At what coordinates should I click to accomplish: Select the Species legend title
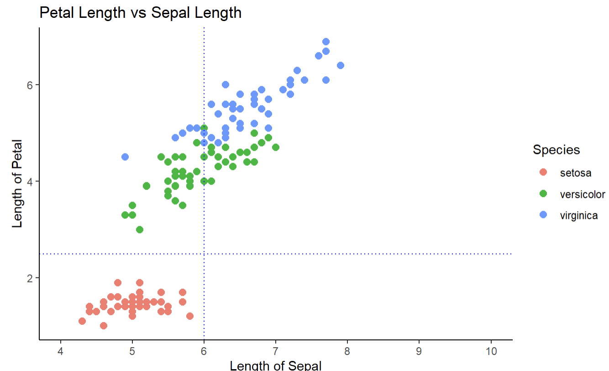pos(556,150)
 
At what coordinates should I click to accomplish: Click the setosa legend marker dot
pos(543,172)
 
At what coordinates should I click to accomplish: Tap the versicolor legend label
pos(582,194)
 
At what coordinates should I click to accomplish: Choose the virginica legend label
pos(578,216)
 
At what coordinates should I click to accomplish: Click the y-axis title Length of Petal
pos(17,183)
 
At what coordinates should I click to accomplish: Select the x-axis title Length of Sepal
pos(275,366)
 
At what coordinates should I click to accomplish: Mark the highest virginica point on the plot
pos(326,42)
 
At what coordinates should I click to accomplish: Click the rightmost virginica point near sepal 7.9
pos(340,65)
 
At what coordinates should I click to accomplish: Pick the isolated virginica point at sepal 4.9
pos(125,157)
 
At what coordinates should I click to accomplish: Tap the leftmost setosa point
pos(82,321)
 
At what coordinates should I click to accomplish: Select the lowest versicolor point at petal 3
pos(140,229)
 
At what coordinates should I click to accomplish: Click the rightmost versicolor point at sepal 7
pos(275,147)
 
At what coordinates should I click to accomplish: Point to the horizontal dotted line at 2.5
pos(365,254)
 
